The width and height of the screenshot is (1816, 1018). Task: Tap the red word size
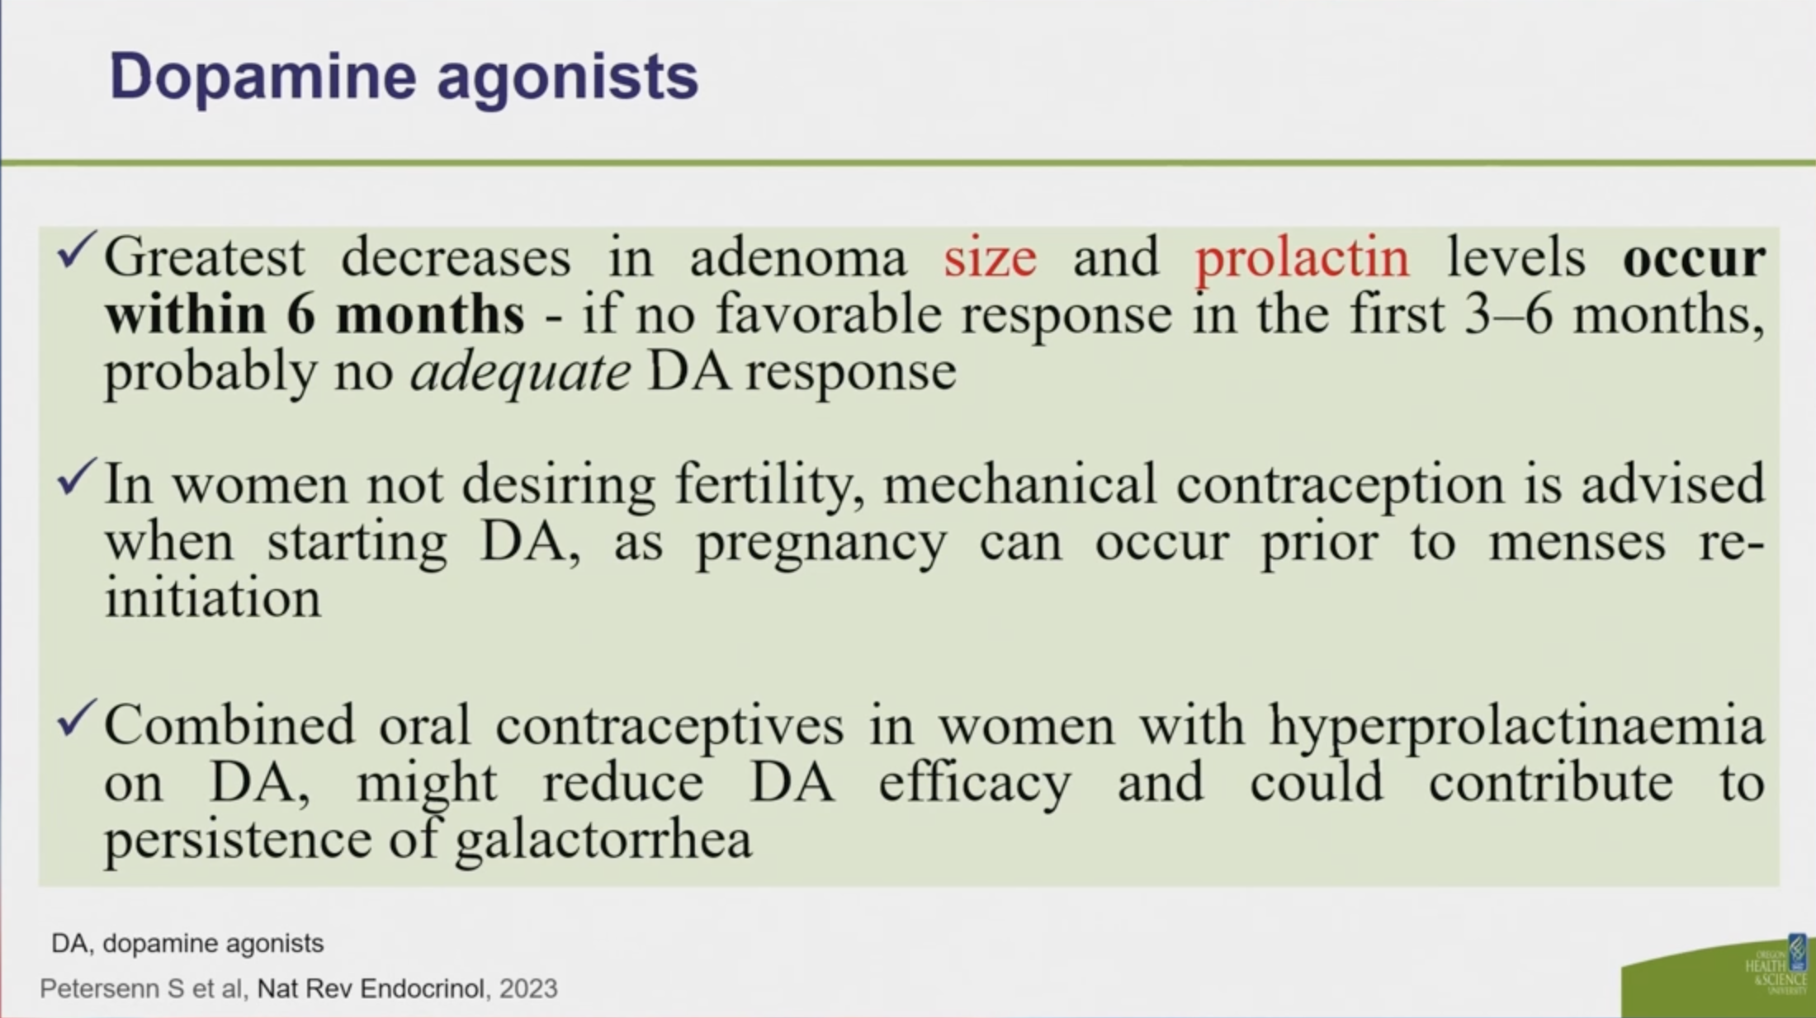[x=990, y=257]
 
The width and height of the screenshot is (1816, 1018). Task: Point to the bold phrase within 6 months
[x=314, y=314]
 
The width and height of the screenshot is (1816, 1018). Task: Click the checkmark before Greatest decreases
[x=78, y=250]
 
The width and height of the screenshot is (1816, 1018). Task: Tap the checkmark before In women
[x=78, y=477]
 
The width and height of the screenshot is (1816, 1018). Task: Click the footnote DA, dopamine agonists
[x=187, y=944]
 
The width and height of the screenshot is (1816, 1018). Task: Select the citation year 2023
[x=528, y=988]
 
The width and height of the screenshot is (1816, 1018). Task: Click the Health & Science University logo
[x=1776, y=964]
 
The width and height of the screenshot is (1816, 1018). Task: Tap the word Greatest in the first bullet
[x=205, y=257]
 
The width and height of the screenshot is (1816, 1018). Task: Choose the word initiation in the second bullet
[x=213, y=598]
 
